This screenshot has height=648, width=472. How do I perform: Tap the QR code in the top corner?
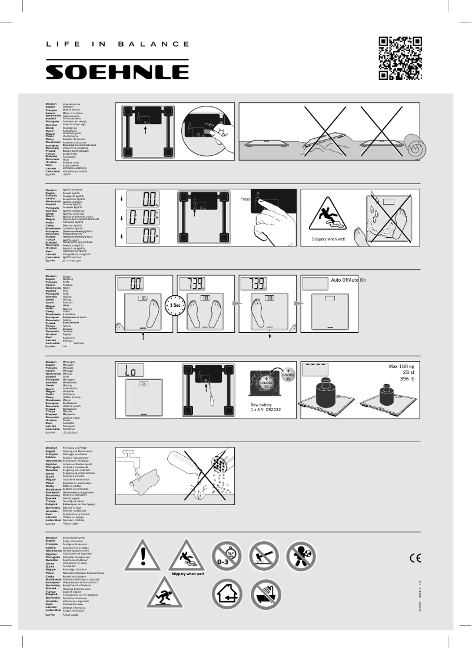coord(400,58)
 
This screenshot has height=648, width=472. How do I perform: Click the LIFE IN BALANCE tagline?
coord(118,44)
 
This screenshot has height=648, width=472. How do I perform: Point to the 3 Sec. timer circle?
coord(174,306)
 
